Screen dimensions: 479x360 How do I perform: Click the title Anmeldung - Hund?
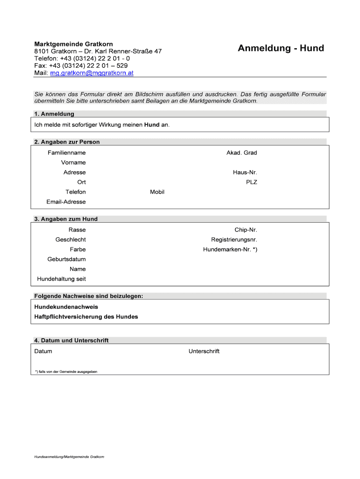(x=281, y=48)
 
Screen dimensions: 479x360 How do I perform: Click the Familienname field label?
(x=66, y=153)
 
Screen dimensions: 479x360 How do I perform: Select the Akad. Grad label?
(x=242, y=153)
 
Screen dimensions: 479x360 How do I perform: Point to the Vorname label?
(x=73, y=163)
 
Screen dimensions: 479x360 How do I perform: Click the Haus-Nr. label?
(x=245, y=173)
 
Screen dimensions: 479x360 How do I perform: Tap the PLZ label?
(x=252, y=182)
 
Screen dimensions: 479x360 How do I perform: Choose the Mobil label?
(x=157, y=192)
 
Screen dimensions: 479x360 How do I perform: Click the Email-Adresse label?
(x=66, y=202)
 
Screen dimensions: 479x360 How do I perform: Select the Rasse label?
(x=77, y=230)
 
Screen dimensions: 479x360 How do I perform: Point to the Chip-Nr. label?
(x=246, y=230)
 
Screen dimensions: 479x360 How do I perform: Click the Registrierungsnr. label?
(x=234, y=240)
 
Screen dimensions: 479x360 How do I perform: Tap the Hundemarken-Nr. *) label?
(x=230, y=250)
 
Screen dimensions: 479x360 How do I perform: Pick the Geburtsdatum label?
(x=66, y=260)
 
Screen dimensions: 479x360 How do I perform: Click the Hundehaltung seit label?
(x=61, y=279)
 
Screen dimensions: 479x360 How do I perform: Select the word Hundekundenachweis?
(x=66, y=307)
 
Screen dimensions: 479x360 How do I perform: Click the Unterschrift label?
(x=204, y=351)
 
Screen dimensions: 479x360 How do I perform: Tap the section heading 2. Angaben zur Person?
(x=67, y=142)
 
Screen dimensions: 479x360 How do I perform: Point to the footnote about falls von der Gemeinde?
(x=66, y=372)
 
